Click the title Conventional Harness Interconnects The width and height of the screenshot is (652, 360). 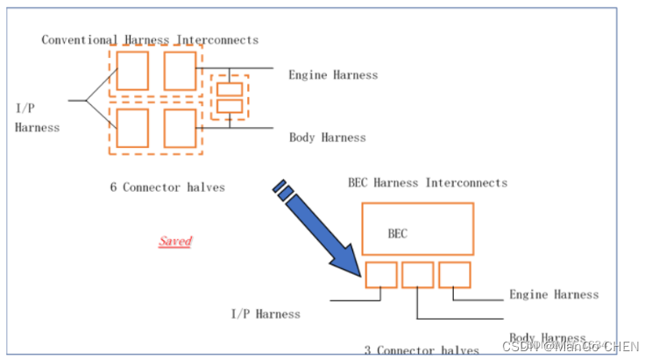(150, 39)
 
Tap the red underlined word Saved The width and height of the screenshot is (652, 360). (175, 241)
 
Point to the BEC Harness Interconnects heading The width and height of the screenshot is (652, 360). (428, 183)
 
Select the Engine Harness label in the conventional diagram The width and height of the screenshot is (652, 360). (333, 74)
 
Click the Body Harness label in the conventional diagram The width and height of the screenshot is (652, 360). (327, 138)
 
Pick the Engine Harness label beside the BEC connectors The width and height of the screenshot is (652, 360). (554, 294)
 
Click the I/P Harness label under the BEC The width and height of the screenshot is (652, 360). (265, 314)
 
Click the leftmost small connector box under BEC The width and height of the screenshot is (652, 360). (381, 275)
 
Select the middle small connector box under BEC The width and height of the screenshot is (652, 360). (418, 275)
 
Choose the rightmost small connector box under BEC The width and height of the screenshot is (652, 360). (455, 275)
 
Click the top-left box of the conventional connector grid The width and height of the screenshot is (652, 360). (132, 71)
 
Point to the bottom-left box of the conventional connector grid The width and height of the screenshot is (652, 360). (132, 127)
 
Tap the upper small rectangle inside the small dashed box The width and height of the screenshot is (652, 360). (230, 90)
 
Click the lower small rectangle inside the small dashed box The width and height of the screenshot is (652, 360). (230, 107)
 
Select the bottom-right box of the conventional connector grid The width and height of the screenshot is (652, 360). (180, 127)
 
